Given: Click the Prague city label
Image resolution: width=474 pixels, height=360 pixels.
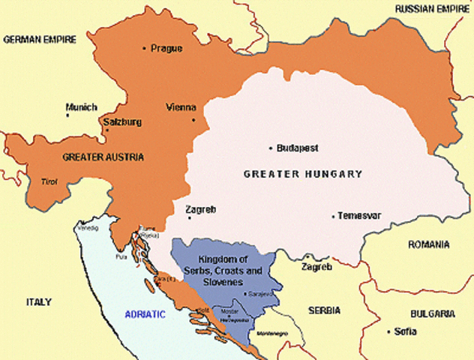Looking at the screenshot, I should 166,48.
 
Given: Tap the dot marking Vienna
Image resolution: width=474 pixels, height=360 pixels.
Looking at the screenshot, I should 193,120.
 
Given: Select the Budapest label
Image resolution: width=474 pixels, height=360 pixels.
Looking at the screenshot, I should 298,148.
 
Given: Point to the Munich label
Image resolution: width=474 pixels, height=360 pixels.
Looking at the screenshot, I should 81,107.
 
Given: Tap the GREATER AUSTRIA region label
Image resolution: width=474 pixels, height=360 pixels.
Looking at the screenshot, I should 103,157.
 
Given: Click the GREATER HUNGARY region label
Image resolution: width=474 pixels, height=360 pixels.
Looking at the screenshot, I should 303,174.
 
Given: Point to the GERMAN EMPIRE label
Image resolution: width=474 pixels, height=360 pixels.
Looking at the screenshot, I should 40,38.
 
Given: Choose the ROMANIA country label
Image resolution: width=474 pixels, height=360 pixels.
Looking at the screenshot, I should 428,244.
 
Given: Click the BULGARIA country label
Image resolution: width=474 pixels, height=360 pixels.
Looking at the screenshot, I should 431,313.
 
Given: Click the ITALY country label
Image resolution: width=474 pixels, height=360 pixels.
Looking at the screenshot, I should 38,301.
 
